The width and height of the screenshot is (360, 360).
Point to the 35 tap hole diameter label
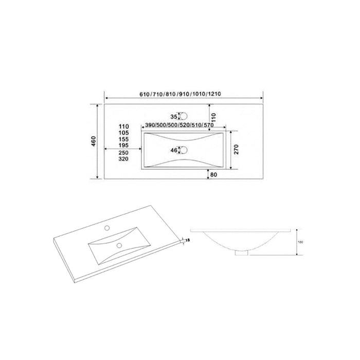coord(174,117)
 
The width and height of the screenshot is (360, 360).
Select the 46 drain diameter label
coord(174,150)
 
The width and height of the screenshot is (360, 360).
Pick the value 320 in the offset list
coord(123,159)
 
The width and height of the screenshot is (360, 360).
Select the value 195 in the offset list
coord(123,146)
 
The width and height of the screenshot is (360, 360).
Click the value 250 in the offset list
coord(123,153)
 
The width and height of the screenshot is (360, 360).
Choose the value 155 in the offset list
coord(123,139)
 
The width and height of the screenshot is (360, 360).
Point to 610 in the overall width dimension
coord(145,94)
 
